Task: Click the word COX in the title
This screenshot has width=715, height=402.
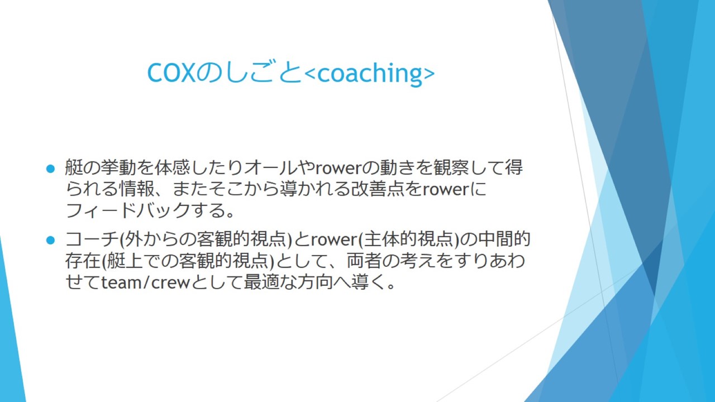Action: (x=171, y=73)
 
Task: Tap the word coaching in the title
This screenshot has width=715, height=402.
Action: (x=370, y=73)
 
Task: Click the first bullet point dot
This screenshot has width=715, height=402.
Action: (x=51, y=169)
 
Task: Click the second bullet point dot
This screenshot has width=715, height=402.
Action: (x=51, y=240)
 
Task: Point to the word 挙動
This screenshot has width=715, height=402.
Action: (x=118, y=167)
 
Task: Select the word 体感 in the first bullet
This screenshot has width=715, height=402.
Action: (x=173, y=167)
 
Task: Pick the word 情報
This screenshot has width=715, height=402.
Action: (x=137, y=189)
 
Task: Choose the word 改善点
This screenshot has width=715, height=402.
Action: (x=377, y=189)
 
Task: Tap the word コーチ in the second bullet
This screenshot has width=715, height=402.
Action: (x=92, y=240)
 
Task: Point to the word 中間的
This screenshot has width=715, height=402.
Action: (x=504, y=240)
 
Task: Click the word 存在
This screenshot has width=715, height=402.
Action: (x=83, y=261)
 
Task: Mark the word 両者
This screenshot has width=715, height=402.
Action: (x=365, y=261)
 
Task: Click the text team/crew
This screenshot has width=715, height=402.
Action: (x=146, y=283)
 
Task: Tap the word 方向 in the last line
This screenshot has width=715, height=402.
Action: (x=315, y=283)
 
